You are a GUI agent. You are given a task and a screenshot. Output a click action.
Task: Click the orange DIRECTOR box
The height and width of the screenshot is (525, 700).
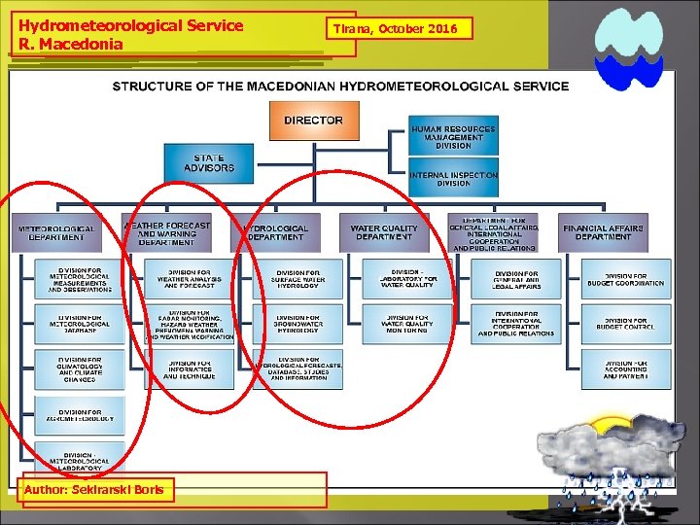point(313,121)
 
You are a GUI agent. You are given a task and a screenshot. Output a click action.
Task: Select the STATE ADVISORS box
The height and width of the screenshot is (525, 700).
point(209,163)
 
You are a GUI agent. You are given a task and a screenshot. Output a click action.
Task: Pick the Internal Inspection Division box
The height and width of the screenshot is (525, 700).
point(453,179)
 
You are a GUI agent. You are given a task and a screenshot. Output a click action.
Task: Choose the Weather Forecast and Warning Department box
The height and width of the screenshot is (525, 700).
point(166,233)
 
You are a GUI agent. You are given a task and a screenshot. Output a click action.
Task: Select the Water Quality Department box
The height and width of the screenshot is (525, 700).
point(384,233)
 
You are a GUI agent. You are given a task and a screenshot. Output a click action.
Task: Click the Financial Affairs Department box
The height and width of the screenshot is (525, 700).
point(603,233)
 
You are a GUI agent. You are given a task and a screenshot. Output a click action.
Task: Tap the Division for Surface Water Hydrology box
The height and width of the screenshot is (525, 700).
point(297,279)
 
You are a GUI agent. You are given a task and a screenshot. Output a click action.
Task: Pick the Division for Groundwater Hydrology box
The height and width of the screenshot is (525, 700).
point(297,323)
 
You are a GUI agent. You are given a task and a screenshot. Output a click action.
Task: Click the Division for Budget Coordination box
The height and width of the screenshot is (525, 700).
point(626,279)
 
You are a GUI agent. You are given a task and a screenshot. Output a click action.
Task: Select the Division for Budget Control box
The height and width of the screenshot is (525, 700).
point(626,323)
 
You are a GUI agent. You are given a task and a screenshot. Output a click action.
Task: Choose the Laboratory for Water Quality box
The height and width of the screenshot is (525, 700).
point(407,279)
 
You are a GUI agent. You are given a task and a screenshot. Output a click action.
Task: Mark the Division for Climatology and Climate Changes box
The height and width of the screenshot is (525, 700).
point(80,368)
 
